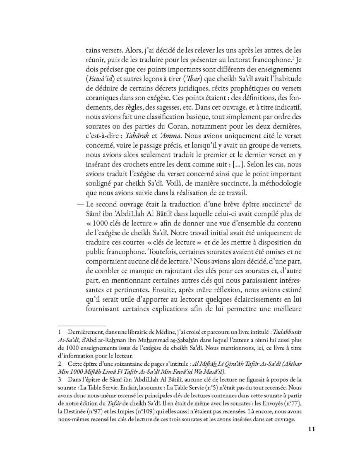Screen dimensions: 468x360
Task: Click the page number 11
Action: [312, 429]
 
